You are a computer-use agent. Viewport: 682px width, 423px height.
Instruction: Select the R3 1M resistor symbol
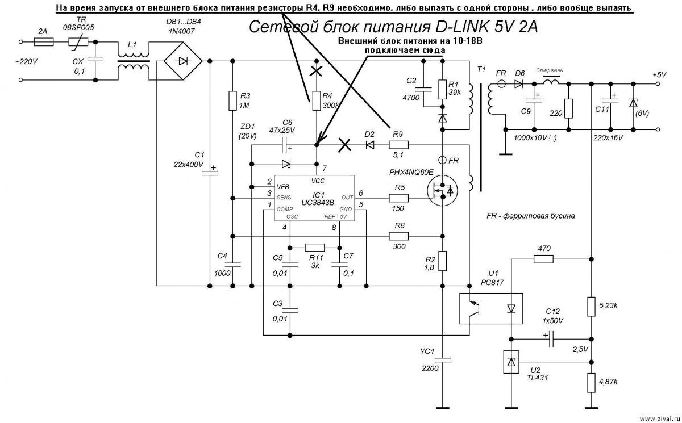(x=232, y=100)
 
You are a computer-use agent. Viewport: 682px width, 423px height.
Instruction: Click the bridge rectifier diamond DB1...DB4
(x=181, y=61)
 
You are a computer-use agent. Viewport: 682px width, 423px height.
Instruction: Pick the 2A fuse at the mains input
(x=44, y=42)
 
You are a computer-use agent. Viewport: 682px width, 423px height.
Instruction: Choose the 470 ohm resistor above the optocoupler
(x=543, y=259)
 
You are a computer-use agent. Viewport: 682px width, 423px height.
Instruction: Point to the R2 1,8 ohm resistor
(x=443, y=261)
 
